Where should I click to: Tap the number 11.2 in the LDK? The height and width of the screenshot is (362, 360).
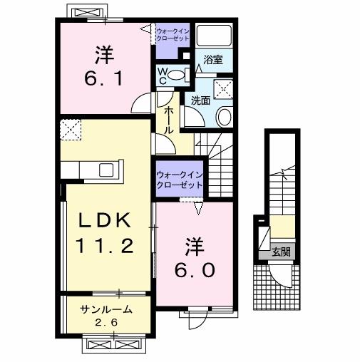(x=106, y=247)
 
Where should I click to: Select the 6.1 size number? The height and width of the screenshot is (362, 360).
(x=105, y=76)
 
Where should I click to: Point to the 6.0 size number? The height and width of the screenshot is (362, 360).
(x=195, y=270)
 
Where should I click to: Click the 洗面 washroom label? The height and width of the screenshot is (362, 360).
(x=200, y=100)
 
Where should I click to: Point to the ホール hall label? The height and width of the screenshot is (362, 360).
(x=170, y=121)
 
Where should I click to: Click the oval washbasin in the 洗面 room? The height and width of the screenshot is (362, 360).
(x=223, y=117)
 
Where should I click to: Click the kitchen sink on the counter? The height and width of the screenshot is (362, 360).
(x=106, y=170)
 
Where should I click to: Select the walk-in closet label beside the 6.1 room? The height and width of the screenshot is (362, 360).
(x=172, y=34)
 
